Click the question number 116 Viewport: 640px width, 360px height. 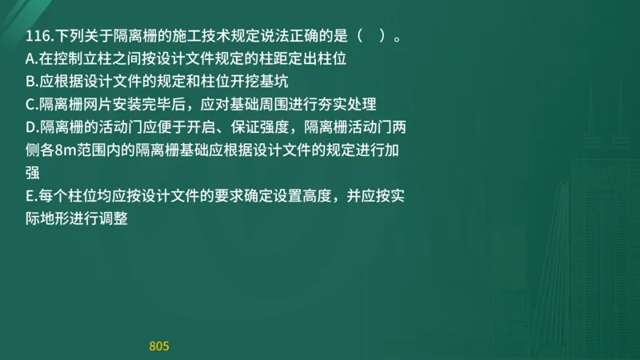tap(37, 37)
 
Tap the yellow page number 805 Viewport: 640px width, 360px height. tap(159, 346)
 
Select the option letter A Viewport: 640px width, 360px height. tap(30, 59)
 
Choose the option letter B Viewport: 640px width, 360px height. tap(30, 82)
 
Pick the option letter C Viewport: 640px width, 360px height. tap(30, 104)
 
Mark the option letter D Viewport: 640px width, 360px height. tap(31, 126)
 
